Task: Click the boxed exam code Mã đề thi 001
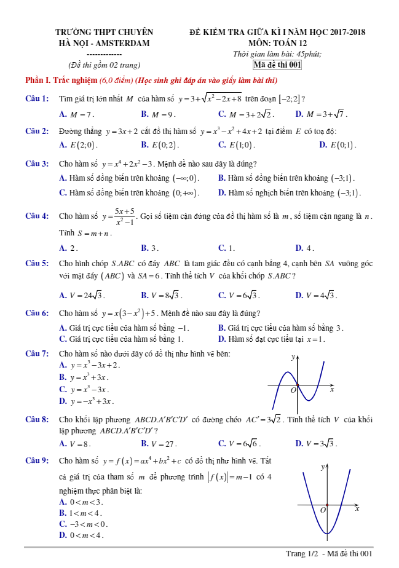point(277,65)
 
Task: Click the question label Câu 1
point(36,98)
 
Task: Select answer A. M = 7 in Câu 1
point(77,114)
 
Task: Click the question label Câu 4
point(36,216)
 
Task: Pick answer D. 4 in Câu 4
point(305,248)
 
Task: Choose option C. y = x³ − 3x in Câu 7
point(84,390)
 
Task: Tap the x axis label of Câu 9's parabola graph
point(357,509)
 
